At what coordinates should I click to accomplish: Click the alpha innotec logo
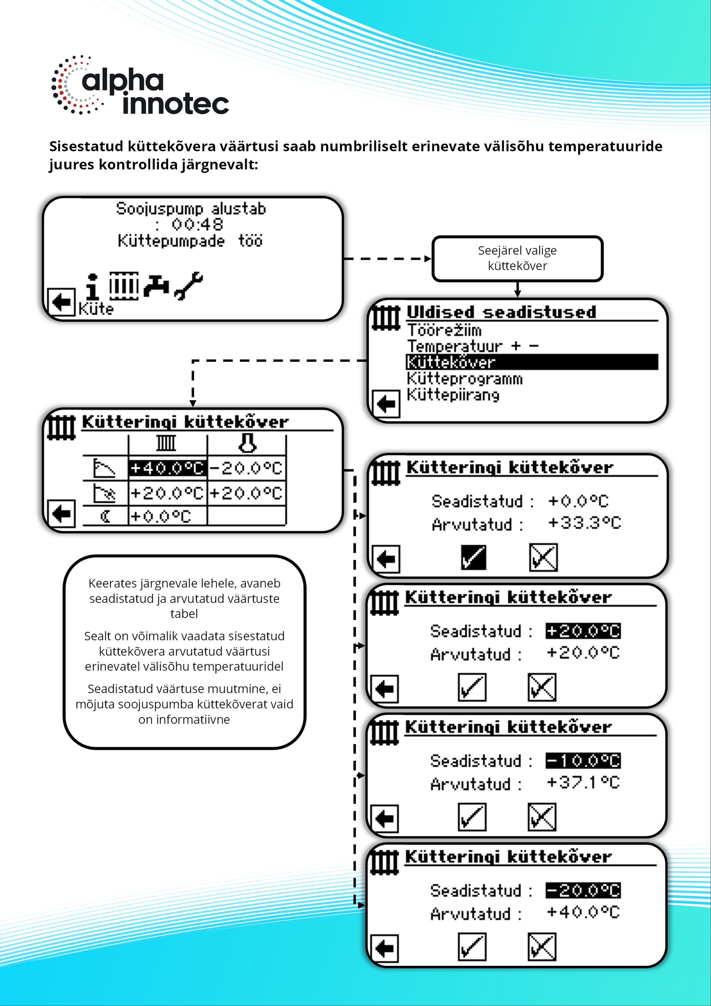coord(140,85)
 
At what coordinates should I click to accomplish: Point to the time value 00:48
coord(197,224)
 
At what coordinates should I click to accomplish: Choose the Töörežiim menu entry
coord(444,330)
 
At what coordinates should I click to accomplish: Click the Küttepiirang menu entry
coord(453,395)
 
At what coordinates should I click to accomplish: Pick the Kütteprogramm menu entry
coord(464,379)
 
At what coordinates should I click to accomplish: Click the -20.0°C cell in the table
coord(246,468)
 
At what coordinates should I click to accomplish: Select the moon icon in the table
coord(106,516)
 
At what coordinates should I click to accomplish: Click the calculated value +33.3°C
coord(584,523)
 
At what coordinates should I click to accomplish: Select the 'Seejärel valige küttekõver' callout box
coord(517,258)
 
